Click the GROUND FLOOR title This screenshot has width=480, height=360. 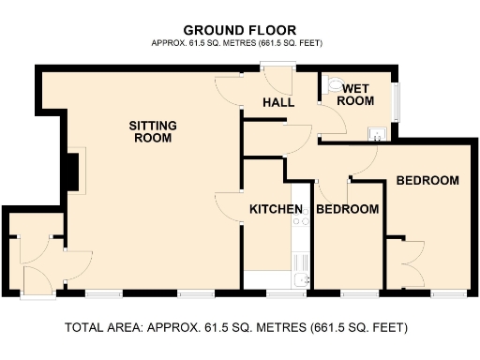point(240,29)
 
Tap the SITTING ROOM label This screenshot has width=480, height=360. point(153,131)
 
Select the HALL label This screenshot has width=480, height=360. point(278,101)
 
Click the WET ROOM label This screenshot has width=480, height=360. point(356,94)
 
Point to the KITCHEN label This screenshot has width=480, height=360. point(276,208)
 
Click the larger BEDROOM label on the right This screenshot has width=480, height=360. point(427,180)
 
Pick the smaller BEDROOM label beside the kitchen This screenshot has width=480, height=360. point(347,208)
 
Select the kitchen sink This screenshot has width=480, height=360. point(301,278)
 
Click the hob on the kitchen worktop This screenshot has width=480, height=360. point(301,222)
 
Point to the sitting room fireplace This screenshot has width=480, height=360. point(71,171)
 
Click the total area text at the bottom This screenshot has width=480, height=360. point(236,328)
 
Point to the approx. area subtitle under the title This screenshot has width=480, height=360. point(240,44)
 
